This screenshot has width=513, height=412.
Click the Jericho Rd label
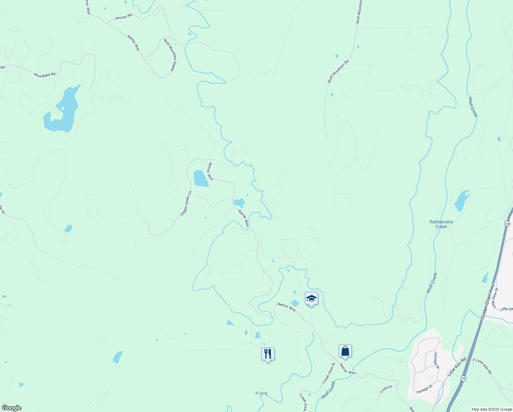coord(123,16)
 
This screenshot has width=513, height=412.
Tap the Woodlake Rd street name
coord(45,75)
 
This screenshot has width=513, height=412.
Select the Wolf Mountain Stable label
coord(169,55)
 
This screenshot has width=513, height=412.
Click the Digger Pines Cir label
coord(186,203)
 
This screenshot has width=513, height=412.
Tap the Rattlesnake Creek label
coord(441,224)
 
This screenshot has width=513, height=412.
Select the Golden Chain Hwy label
coord(488,301)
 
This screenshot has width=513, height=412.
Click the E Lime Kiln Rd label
coord(482,366)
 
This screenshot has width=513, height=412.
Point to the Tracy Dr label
coord(386,389)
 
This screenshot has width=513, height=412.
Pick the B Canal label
coord(261,393)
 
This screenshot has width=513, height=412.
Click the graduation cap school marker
coord(311,298)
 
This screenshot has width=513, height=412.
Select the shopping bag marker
coord(345,351)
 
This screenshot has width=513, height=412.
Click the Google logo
coord(11,408)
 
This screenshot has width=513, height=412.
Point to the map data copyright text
coord(491,409)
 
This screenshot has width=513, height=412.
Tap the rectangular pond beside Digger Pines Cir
coord(201,179)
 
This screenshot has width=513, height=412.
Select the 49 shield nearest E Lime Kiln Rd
coord(463,378)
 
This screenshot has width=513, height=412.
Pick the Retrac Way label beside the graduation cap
coord(287,307)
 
